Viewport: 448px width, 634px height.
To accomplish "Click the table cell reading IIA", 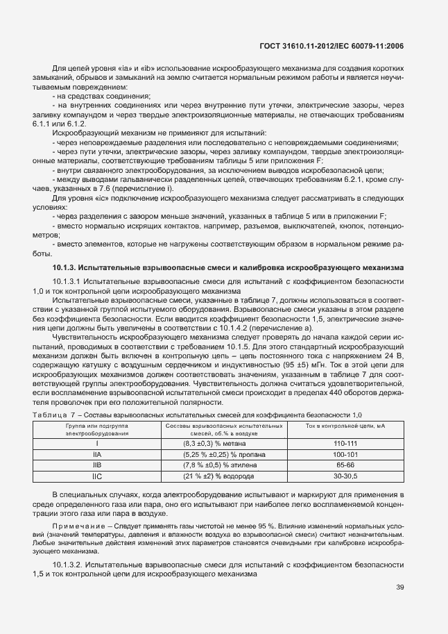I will coord(97,454).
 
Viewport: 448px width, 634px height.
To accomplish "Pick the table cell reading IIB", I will coord(97,465).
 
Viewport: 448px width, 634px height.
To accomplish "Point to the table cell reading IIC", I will coord(97,476).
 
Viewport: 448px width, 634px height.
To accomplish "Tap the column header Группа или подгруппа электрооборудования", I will coord(97,428).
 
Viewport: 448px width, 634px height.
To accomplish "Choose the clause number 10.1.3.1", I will coord(68,281).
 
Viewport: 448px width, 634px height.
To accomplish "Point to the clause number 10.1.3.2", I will coord(68,565).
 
